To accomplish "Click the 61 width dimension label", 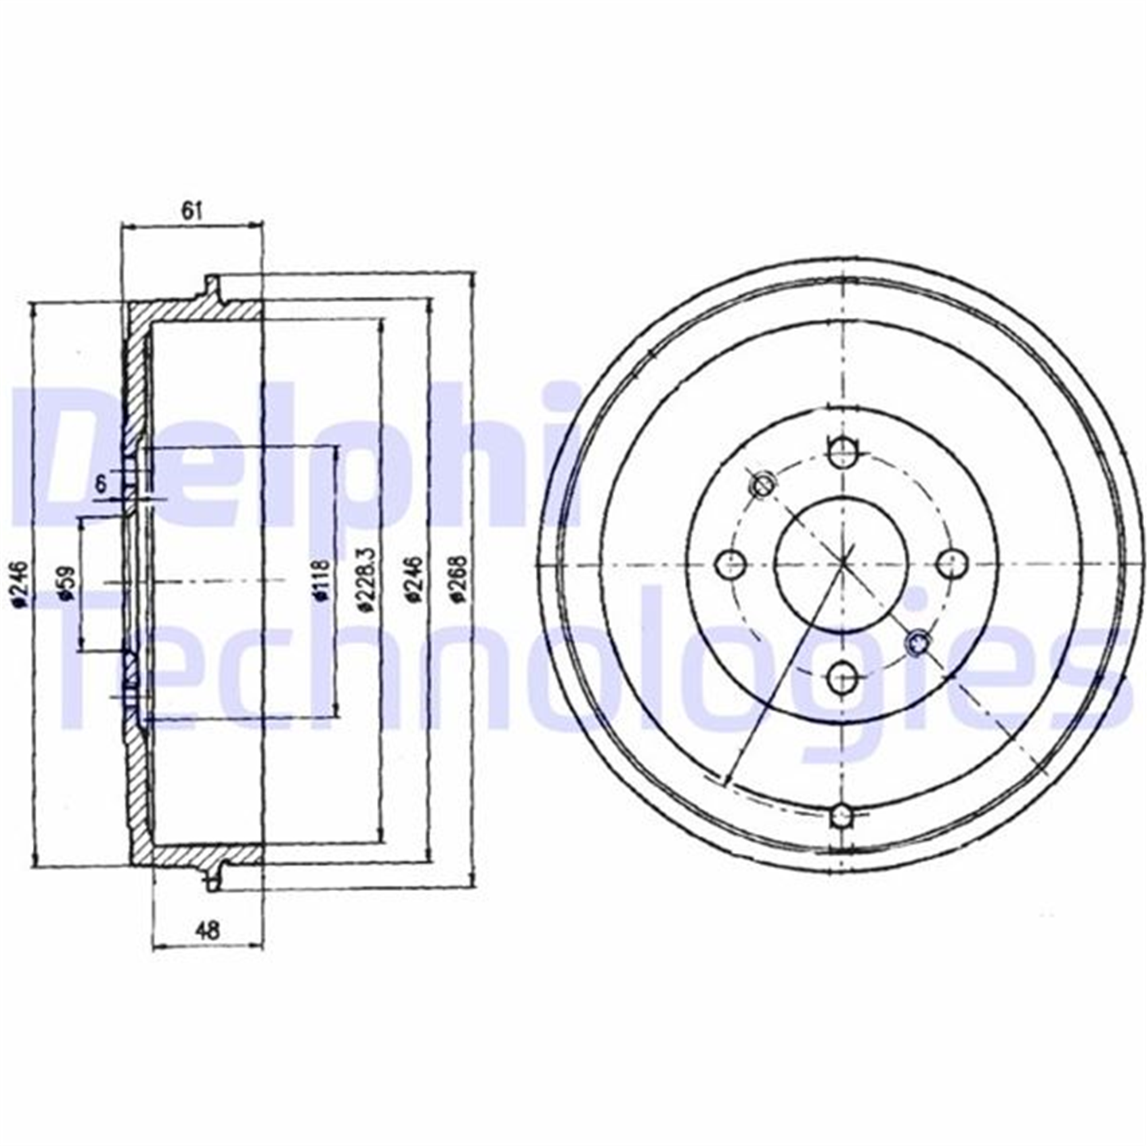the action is (x=192, y=210).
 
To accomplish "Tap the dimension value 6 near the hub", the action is (x=102, y=484).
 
